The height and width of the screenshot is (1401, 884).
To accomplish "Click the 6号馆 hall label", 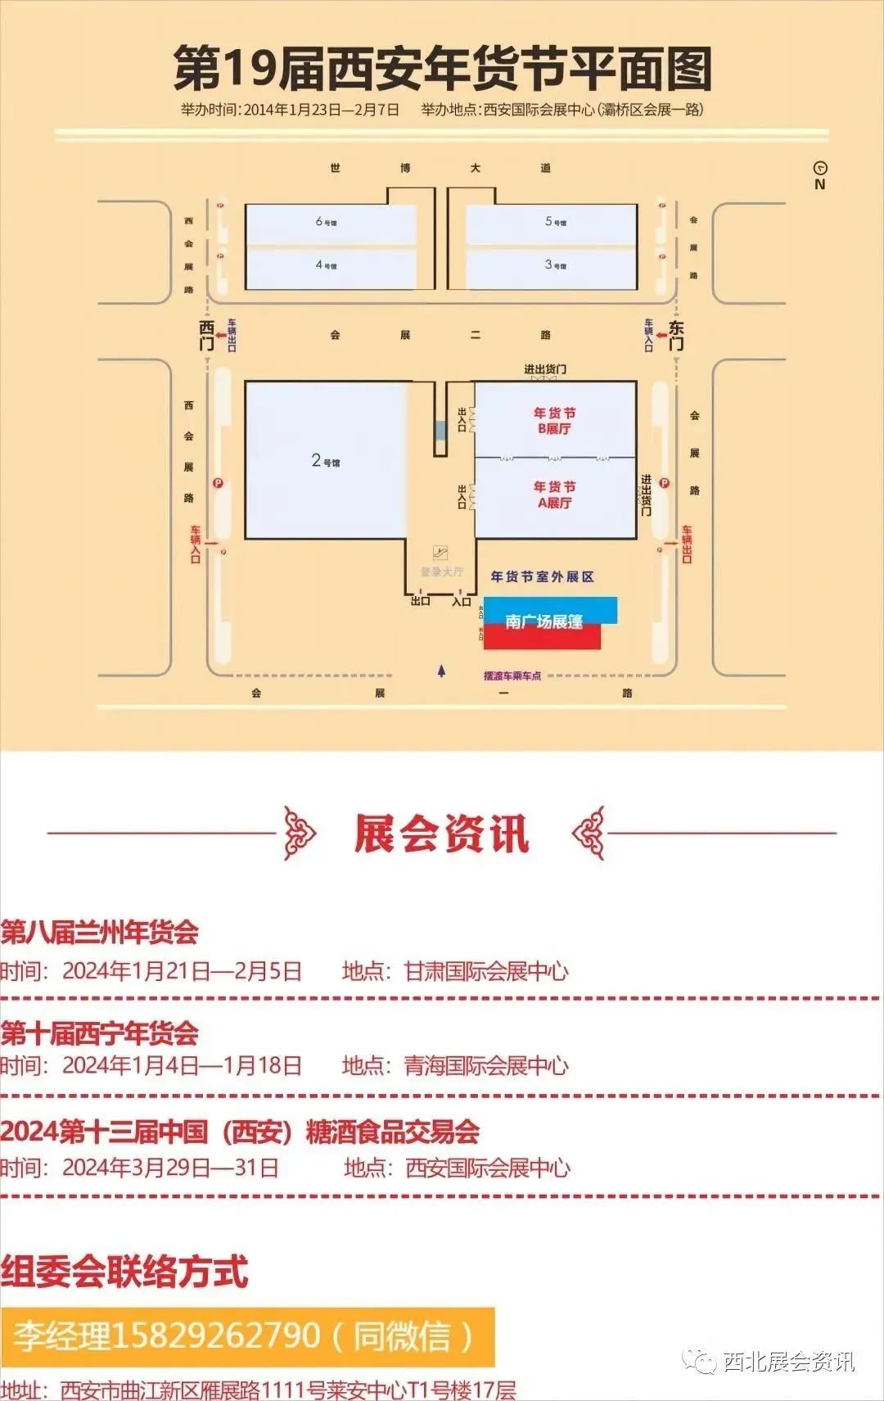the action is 326,222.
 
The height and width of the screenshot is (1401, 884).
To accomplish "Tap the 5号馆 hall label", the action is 555,222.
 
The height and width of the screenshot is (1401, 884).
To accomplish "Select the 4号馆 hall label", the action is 326,265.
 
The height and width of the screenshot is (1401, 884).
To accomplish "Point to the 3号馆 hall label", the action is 555,265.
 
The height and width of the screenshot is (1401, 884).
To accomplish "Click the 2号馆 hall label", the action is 325,461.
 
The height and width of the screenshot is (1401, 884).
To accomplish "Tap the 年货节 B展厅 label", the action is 554,421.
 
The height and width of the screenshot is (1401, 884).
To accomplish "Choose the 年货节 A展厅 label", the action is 554,495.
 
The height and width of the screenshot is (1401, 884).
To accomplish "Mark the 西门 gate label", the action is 207,335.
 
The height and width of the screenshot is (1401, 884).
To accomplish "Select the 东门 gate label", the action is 676,335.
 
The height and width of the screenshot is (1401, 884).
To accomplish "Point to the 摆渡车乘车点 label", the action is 512,676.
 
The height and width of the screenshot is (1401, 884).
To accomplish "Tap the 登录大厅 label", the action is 442,572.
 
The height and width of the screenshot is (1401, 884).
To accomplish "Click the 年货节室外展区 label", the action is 542,576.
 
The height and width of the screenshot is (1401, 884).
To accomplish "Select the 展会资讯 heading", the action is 441,834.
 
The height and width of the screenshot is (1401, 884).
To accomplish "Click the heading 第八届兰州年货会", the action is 100,932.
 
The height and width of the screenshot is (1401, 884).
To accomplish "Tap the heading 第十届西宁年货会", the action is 100,1033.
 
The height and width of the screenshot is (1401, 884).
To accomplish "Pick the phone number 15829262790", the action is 215,1336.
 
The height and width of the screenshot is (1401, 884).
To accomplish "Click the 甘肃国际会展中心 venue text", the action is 486,971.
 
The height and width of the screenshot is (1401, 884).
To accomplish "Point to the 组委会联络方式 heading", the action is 124,1272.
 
